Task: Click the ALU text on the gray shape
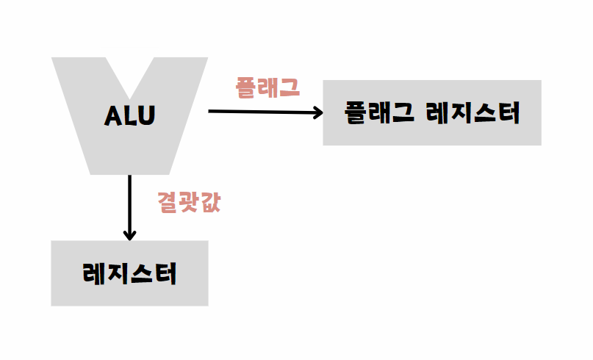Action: point(130,116)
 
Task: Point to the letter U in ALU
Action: point(147,116)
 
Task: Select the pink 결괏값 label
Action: point(189,203)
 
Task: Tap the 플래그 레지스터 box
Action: point(432,112)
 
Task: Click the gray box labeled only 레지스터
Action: point(129,273)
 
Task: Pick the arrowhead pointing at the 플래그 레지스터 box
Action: point(318,112)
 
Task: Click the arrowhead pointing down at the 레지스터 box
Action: point(129,235)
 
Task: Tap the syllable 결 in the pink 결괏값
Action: point(168,203)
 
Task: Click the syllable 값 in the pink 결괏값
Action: point(209,203)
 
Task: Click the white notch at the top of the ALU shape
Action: point(130,70)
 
